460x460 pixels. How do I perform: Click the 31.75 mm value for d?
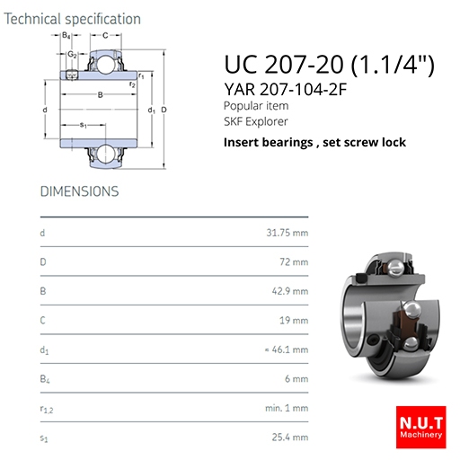coord(287,233)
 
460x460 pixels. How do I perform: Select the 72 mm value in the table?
coord(294,262)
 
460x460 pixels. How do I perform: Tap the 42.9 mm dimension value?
coord(290,291)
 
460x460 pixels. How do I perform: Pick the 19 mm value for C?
coord(294,321)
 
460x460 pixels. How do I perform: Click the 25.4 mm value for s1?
coord(290,438)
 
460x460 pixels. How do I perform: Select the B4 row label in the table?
coord(45,379)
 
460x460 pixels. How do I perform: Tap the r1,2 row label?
coord(47,409)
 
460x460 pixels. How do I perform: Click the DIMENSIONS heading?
coord(79,191)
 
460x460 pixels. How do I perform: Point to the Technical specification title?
coord(72,19)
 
